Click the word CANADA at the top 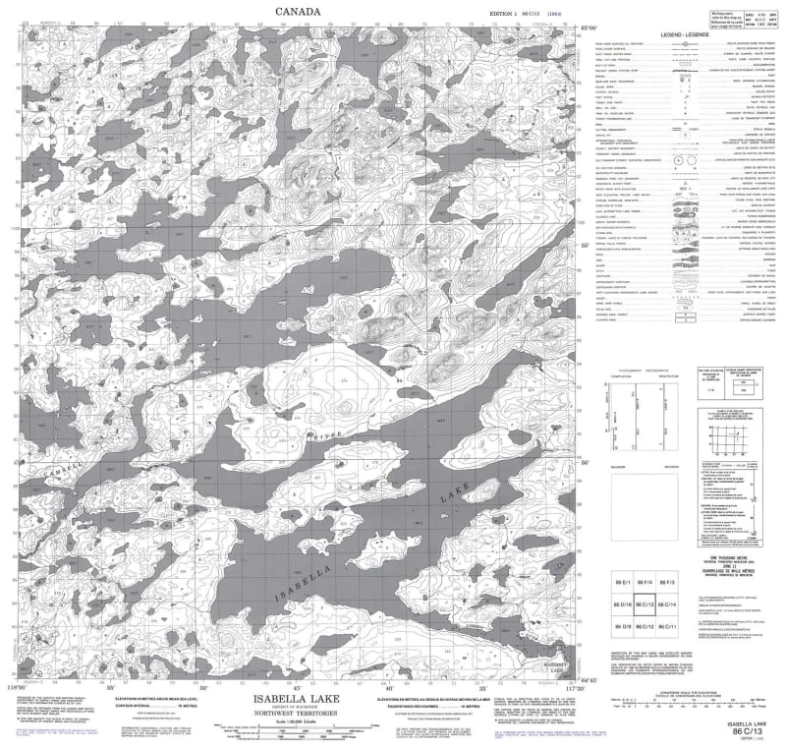click(x=296, y=11)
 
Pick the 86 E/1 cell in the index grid click(x=623, y=581)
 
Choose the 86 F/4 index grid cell click(x=646, y=581)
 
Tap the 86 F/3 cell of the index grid click(x=668, y=581)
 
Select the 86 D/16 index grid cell click(x=623, y=604)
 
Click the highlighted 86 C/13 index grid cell click(x=646, y=604)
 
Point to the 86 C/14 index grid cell click(x=668, y=604)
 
